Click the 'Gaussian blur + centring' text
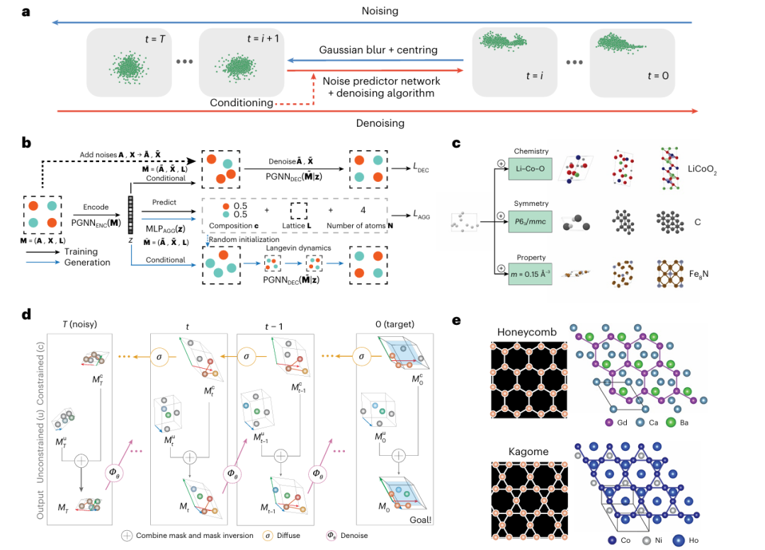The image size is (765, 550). (378, 50)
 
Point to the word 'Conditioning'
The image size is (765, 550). (242, 103)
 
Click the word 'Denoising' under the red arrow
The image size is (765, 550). (379, 123)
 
